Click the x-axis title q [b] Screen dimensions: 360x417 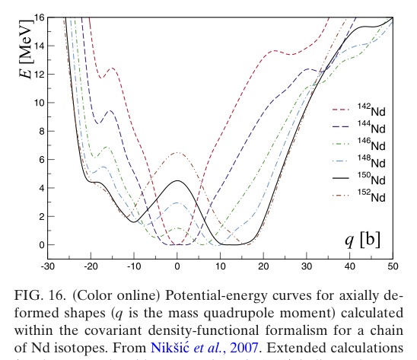pos(361,240)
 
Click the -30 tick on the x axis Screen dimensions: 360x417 pos(46,265)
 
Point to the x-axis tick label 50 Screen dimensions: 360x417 pos(393,265)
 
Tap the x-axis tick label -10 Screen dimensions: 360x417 pos(133,265)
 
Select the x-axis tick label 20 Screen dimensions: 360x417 pos(264,265)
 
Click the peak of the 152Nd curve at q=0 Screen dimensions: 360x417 pos(177,153)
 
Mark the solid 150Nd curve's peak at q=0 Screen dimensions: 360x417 pos(177,180)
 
